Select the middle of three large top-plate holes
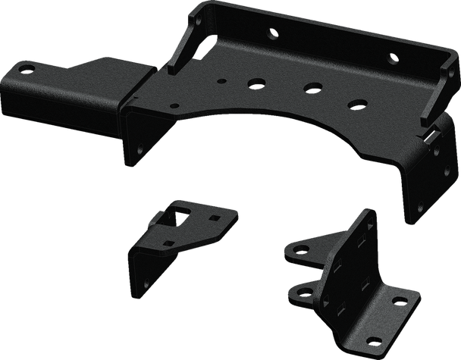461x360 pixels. (x=310, y=87)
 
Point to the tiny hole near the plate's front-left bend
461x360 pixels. (x=176, y=105)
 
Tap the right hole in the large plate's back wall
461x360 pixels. (x=391, y=58)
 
